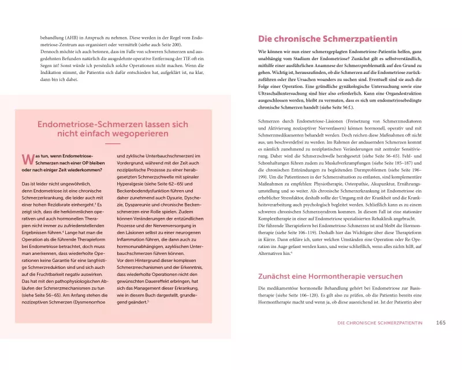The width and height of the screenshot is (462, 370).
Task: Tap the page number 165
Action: click(x=441, y=322)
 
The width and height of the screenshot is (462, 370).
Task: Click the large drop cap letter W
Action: click(x=26, y=160)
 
